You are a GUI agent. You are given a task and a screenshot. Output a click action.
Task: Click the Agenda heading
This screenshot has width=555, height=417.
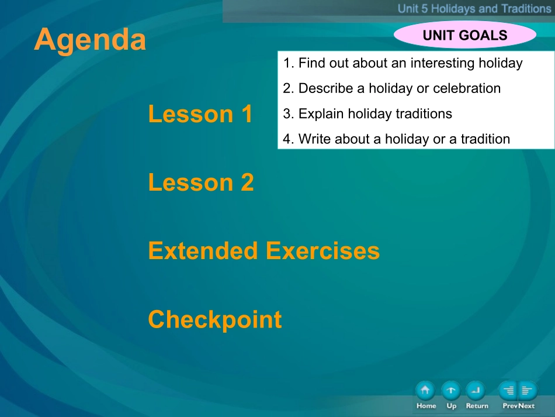tap(90, 40)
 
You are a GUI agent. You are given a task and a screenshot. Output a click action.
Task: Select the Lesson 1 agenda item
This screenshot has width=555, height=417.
tap(200, 113)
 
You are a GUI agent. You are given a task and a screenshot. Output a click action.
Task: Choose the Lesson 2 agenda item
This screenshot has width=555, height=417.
tap(201, 182)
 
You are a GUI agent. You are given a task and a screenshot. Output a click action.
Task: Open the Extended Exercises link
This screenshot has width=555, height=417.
tap(263, 250)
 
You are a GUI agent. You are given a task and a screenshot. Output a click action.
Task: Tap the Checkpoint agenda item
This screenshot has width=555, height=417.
tap(215, 319)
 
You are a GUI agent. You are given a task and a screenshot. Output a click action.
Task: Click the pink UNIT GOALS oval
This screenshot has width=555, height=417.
tap(465, 35)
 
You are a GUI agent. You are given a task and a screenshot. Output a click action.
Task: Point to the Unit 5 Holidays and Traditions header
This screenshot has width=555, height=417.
tap(474, 9)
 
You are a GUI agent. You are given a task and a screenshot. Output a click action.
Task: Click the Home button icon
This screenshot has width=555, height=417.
tap(425, 391)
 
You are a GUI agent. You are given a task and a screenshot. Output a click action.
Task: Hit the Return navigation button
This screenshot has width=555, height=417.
tap(476, 391)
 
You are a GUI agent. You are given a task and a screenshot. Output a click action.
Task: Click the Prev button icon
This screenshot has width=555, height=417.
tap(508, 391)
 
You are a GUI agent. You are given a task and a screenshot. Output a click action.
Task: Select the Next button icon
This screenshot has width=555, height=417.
tap(528, 391)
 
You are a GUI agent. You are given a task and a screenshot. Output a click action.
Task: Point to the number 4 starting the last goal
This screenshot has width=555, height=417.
tap(287, 139)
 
